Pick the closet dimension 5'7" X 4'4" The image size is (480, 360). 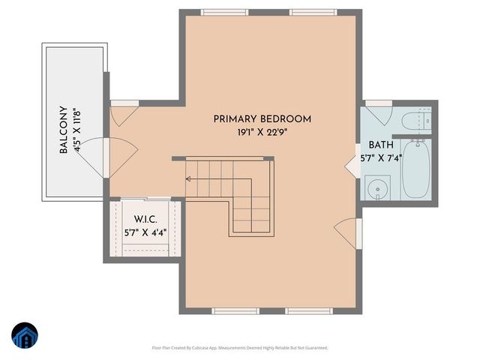[145, 233]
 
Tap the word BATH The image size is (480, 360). [380, 145]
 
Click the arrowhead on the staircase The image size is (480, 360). [187, 179]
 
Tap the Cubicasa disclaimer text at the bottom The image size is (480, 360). [240, 348]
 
